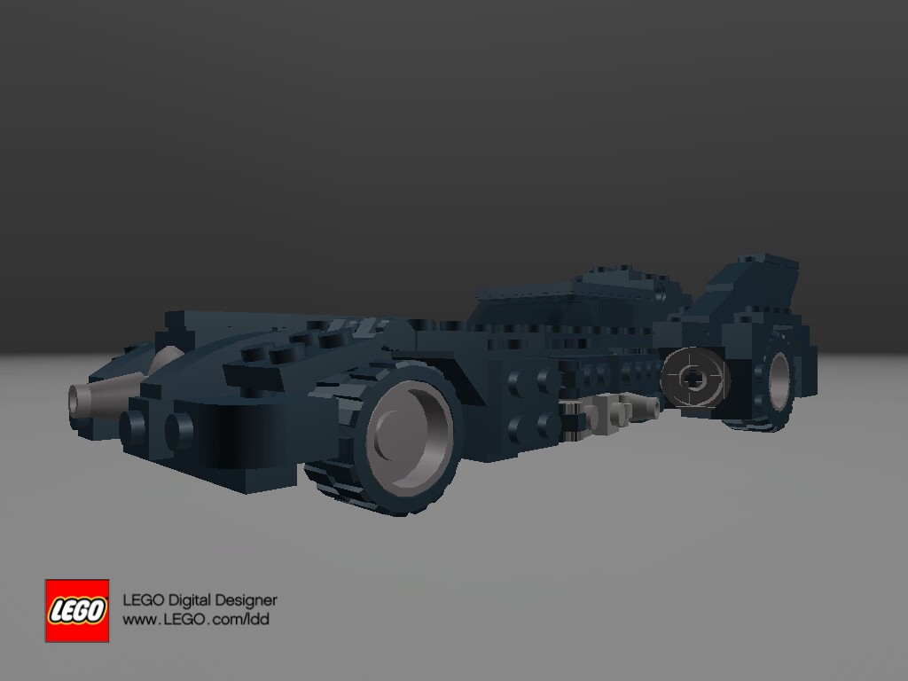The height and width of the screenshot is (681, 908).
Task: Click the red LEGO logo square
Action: click(77, 610)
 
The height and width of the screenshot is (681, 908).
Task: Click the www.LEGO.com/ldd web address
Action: click(195, 620)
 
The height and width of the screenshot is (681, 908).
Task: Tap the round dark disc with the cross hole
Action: click(695, 378)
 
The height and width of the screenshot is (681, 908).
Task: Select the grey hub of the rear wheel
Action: click(779, 380)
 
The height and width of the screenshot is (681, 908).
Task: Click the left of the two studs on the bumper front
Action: click(135, 424)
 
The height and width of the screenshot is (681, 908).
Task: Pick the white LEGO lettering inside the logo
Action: click(77, 611)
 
